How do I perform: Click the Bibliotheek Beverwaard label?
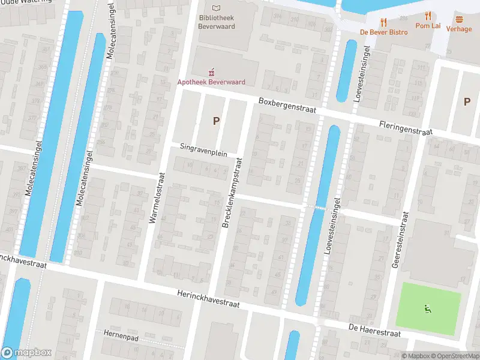(217, 22)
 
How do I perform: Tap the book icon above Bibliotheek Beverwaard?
(217, 8)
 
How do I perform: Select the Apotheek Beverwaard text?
(211, 82)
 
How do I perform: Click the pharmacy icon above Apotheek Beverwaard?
(211, 71)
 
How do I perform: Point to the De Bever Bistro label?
(383, 32)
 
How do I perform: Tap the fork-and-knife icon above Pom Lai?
(428, 16)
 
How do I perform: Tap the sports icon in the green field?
(428, 310)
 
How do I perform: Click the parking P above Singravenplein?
(216, 121)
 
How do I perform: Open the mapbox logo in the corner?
(26, 353)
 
